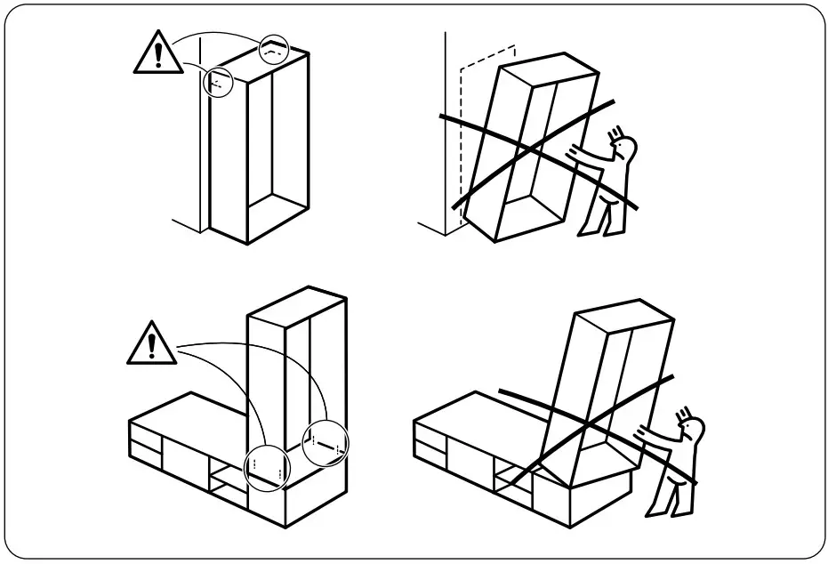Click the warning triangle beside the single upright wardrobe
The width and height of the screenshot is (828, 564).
157,53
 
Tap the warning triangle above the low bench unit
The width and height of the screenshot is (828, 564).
151,343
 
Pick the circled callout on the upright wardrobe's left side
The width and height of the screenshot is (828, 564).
215,83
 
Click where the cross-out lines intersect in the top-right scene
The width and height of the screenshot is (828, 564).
534,149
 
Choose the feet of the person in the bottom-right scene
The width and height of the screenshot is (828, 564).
663,510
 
